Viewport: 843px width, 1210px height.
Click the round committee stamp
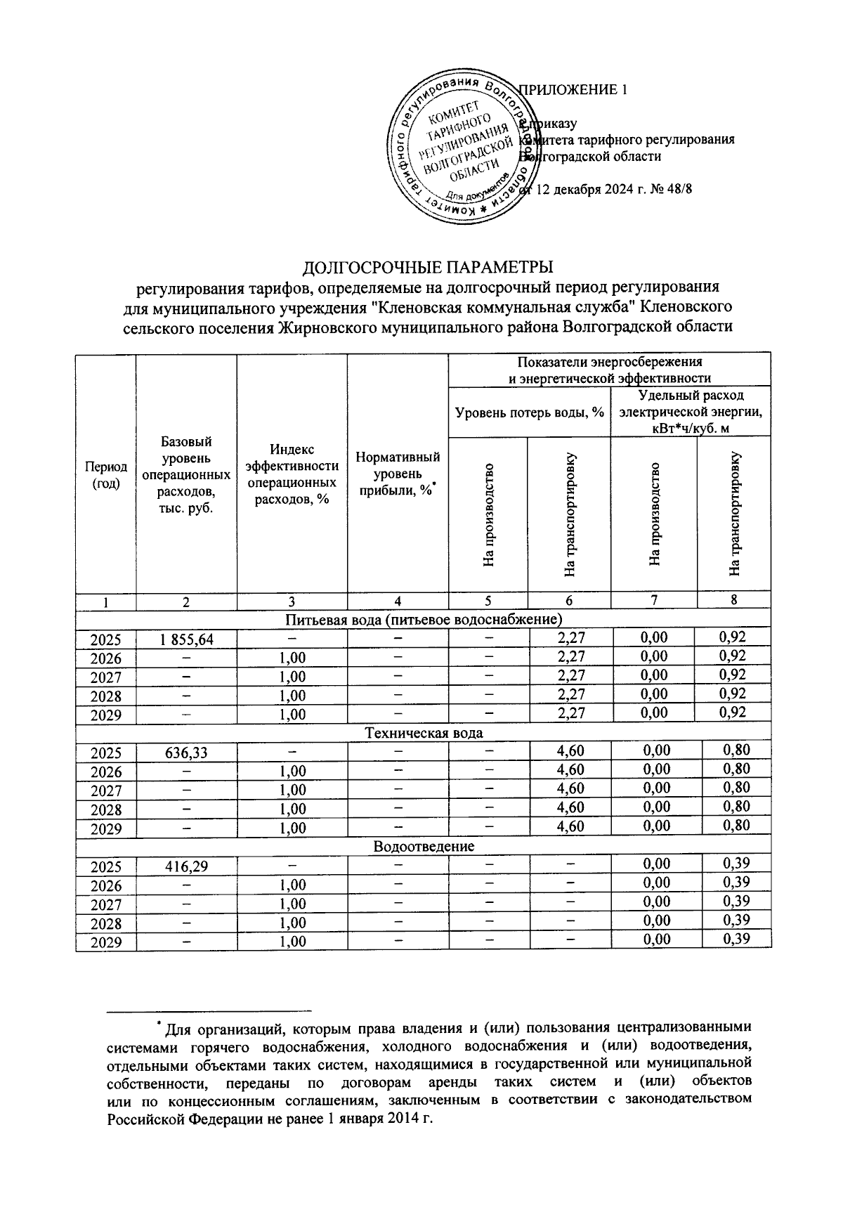pyautogui.click(x=462, y=148)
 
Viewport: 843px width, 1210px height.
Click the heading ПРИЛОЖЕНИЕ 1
pyautogui.click(x=571, y=90)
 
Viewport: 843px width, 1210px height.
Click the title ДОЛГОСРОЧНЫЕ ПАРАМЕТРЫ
pyautogui.click(x=427, y=268)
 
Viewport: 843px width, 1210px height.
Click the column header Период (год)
pyautogui.click(x=105, y=475)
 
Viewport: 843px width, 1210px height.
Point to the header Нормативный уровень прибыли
pyautogui.click(x=398, y=474)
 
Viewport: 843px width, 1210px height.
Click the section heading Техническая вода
pyautogui.click(x=424, y=734)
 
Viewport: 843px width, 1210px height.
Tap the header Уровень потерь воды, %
pyautogui.click(x=530, y=412)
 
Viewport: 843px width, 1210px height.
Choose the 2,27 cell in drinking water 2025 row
pyautogui.click(x=570, y=638)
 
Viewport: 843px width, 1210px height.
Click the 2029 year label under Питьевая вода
pyautogui.click(x=105, y=715)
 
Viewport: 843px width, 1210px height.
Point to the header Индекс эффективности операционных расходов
pyautogui.click(x=292, y=474)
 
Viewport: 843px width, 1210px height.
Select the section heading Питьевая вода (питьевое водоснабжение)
pyautogui.click(x=424, y=620)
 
